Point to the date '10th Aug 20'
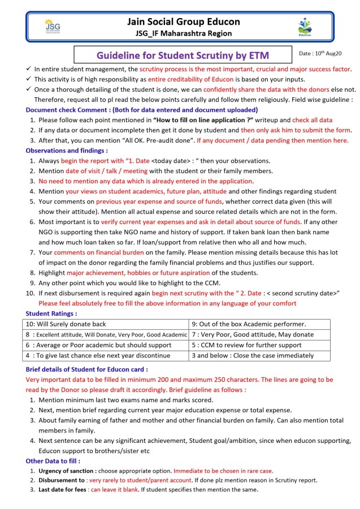320,53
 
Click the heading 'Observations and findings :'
66,150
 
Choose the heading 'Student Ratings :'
51,313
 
